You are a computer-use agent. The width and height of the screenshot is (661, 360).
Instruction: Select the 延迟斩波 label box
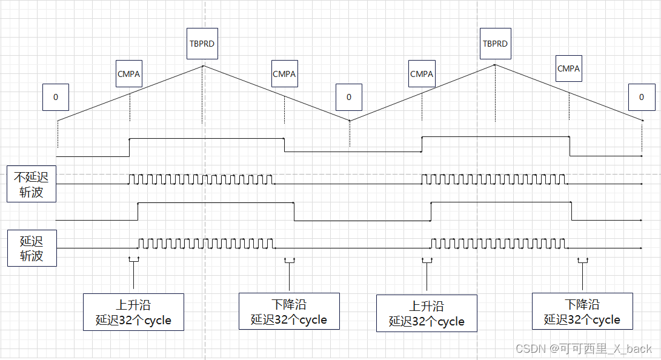click(31, 248)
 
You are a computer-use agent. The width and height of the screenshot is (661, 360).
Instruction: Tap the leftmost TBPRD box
click(202, 44)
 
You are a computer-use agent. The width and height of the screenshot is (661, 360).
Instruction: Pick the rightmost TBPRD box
click(495, 44)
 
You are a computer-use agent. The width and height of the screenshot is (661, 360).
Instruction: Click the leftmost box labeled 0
click(56, 97)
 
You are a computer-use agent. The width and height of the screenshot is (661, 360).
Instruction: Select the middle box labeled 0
click(348, 97)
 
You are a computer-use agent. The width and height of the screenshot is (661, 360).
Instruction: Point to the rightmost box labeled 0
click(642, 97)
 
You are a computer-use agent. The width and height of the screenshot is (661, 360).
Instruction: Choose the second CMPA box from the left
click(284, 74)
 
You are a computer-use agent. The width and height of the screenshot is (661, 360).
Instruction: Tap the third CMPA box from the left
click(422, 74)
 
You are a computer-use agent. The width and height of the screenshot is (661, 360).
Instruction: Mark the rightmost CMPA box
click(568, 68)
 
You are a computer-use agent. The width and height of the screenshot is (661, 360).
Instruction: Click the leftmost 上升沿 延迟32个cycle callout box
click(133, 312)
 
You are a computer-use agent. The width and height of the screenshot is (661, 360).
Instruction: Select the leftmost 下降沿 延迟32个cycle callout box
click(289, 312)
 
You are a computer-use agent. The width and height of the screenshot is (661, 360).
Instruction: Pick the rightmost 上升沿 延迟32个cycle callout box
click(427, 313)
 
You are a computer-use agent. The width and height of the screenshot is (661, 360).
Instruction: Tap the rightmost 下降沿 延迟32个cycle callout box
click(582, 312)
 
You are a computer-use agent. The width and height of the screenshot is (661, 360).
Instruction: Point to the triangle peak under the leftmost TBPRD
click(202, 65)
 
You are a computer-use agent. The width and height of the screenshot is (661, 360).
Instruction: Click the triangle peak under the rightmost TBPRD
click(495, 65)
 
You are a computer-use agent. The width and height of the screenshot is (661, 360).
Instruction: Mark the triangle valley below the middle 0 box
click(350, 120)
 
